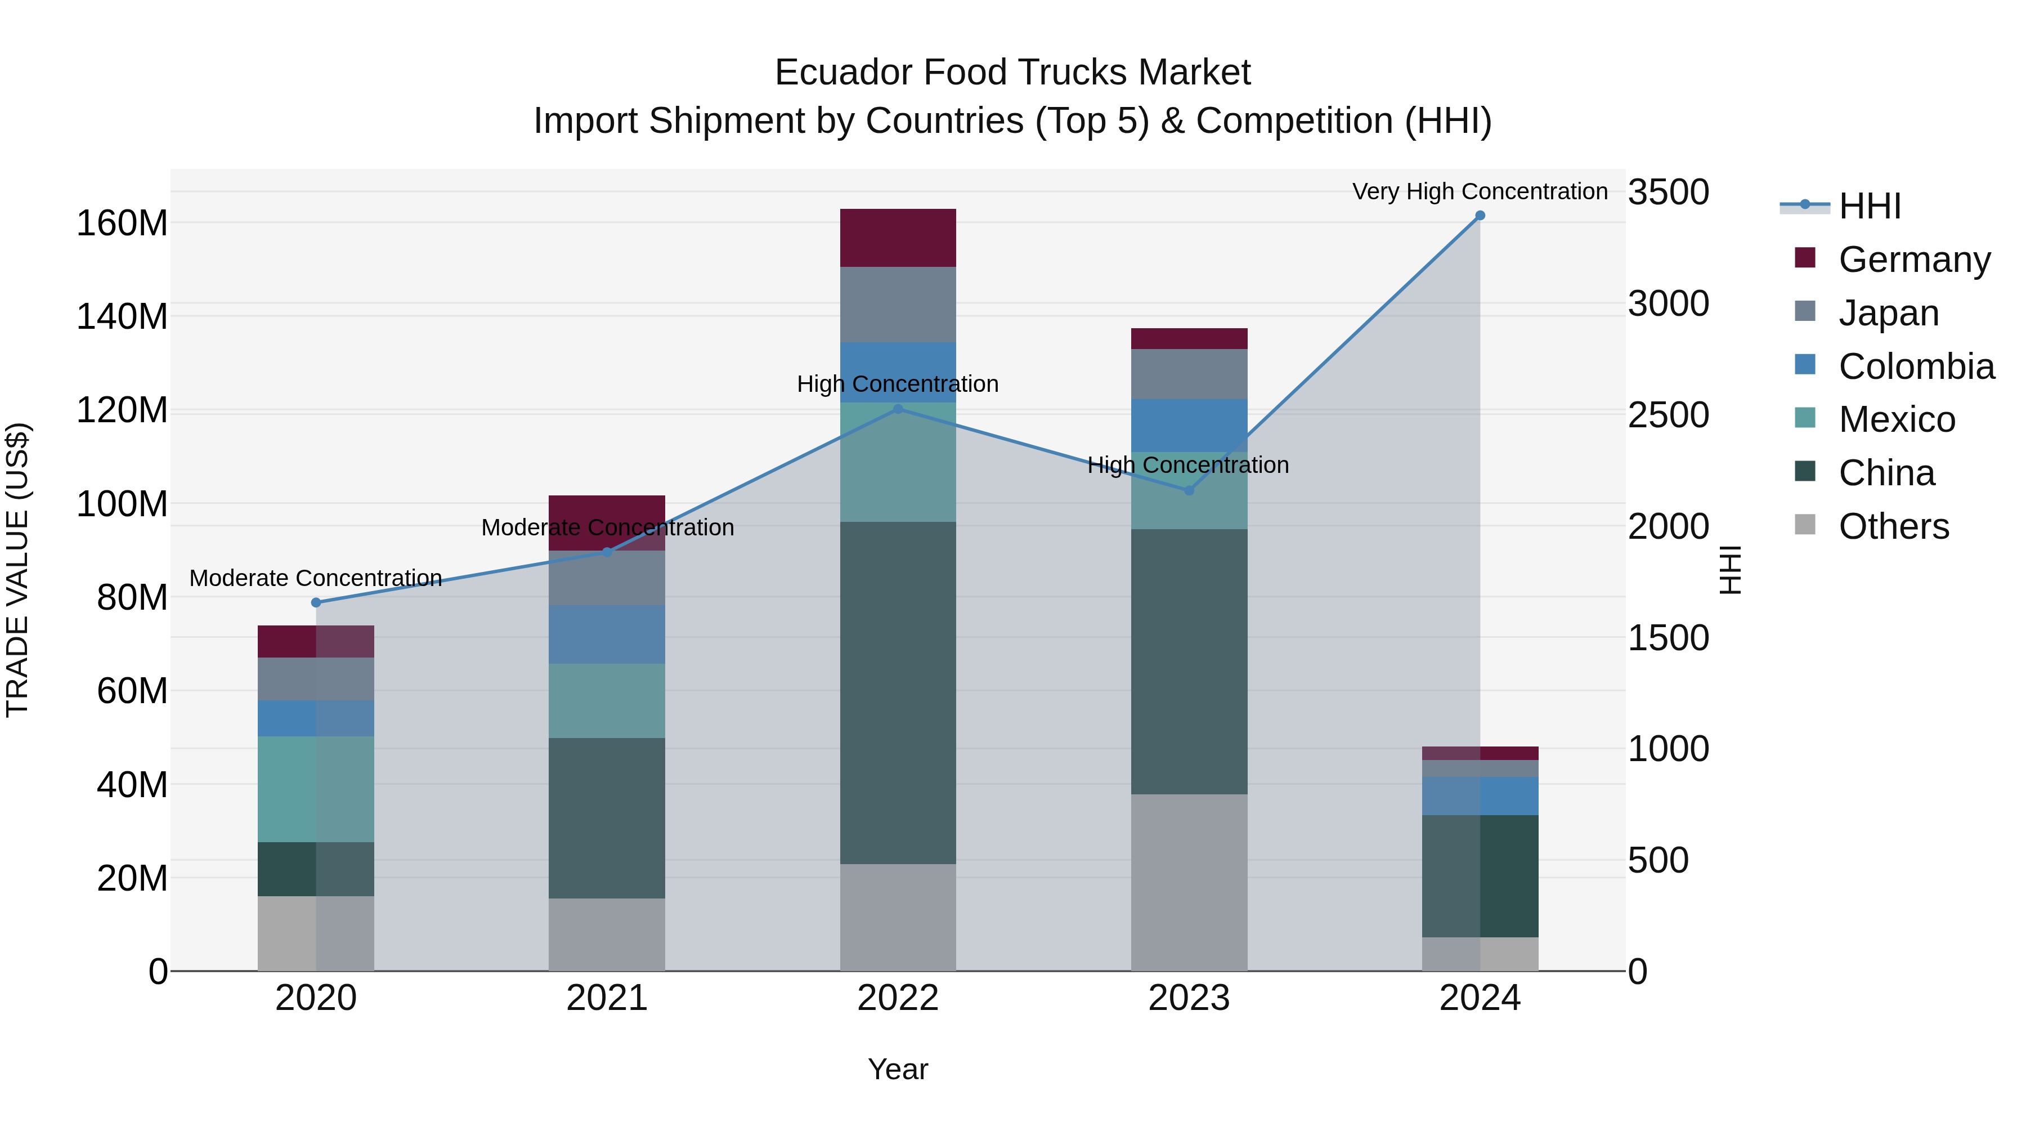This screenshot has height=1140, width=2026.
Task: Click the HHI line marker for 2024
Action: (1480, 216)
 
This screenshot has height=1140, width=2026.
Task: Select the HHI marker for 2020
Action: (316, 602)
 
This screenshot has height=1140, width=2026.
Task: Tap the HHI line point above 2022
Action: (898, 409)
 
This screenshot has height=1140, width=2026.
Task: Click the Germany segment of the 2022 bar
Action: (898, 238)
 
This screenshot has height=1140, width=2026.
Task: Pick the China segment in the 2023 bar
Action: (1189, 661)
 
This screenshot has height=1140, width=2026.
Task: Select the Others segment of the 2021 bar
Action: (606, 934)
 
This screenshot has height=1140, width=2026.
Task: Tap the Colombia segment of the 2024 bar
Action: (1480, 795)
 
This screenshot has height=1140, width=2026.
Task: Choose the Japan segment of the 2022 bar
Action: (898, 305)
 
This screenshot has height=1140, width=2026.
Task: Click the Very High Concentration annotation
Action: (1480, 191)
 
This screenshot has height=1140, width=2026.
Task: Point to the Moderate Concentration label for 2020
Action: (316, 578)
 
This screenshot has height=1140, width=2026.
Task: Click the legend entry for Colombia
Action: (1916, 366)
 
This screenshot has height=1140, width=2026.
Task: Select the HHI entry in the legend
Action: (1870, 206)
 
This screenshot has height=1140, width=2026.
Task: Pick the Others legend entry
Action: (1893, 526)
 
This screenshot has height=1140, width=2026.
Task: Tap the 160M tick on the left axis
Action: (122, 223)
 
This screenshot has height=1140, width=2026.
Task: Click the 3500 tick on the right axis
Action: (1668, 193)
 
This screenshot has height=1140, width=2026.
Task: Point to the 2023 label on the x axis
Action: (1189, 998)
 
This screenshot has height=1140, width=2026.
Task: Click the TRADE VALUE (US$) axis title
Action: (18, 570)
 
